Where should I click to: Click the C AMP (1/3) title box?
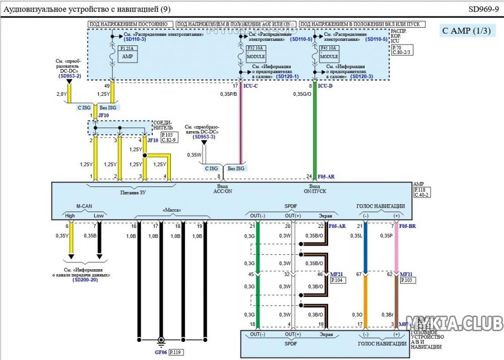pos(466,31)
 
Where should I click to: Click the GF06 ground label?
pos(161,353)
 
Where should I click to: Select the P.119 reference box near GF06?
pos(176,353)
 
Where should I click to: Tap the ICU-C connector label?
pos(250,86)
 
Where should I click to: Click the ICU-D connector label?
pos(325,86)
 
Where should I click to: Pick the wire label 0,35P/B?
pos(229,94)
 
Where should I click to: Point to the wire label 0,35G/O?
pos(302,94)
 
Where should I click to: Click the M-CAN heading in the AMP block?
pos(84,206)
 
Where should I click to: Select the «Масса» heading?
pos(172,210)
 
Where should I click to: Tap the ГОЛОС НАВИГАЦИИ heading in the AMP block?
pos(381,206)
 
